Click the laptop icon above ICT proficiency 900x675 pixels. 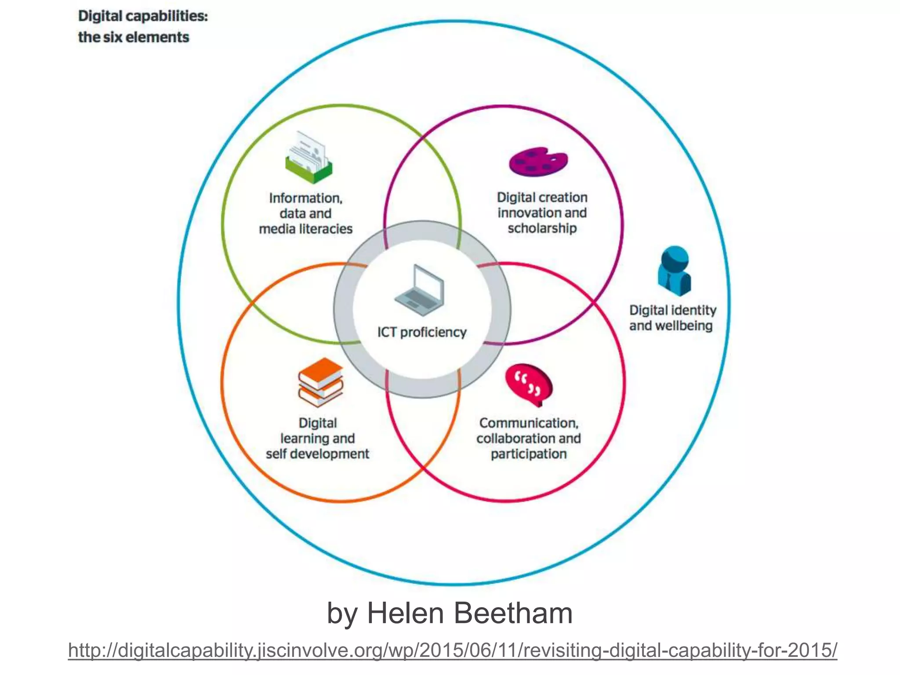click(x=420, y=290)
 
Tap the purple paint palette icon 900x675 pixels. click(x=538, y=162)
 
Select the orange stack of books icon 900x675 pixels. click(x=320, y=382)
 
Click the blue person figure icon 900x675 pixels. click(x=675, y=271)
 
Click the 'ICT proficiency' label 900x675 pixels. click(x=422, y=332)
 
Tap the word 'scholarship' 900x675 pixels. click(x=542, y=228)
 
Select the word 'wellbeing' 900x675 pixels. click(x=684, y=326)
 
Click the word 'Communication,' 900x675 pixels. click(x=529, y=423)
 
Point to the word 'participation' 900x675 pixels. click(x=529, y=454)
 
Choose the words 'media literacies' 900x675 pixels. click(x=306, y=229)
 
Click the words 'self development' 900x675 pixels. click(x=317, y=454)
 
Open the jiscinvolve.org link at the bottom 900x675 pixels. click(x=453, y=650)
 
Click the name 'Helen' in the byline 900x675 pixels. click(x=406, y=613)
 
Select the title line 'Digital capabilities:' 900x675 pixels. click(x=143, y=16)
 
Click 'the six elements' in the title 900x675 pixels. click(x=134, y=37)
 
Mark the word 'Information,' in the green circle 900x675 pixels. click(x=306, y=198)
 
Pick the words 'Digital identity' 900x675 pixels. click(x=673, y=310)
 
